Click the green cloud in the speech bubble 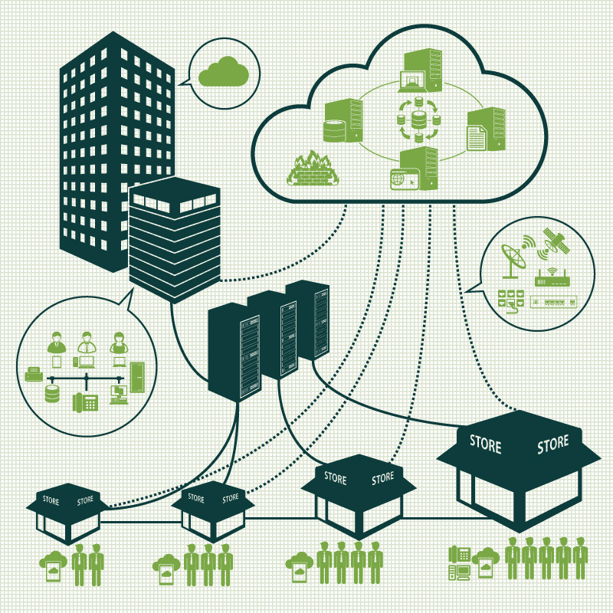[x=224, y=72]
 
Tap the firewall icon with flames [x=313, y=169]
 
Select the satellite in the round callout [x=555, y=242]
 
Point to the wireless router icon [x=552, y=277]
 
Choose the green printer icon [x=34, y=374]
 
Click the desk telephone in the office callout [x=85, y=402]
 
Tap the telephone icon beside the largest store [x=459, y=555]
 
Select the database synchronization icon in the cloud [x=418, y=120]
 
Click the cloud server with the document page [x=486, y=129]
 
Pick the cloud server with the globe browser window [x=415, y=169]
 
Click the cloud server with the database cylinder [x=343, y=121]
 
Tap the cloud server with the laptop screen [x=421, y=70]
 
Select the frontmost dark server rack [x=234, y=352]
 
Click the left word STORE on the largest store [x=485, y=444]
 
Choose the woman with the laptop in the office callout [x=119, y=349]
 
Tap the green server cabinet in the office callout [x=137, y=377]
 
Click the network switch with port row [x=553, y=302]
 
